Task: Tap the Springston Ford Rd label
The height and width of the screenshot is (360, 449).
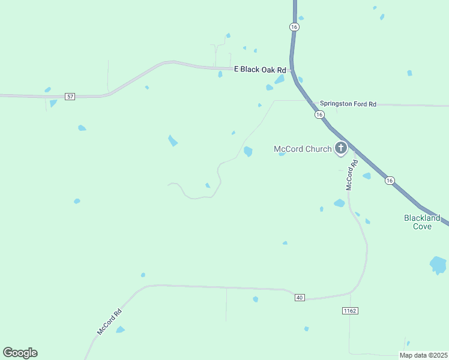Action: pos(348,104)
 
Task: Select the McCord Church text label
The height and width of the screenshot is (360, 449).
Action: pos(302,149)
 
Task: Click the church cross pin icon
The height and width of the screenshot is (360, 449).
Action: pos(340,148)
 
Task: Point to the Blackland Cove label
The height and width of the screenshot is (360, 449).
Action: pos(421,222)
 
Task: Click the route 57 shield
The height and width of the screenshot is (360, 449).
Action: pos(70,96)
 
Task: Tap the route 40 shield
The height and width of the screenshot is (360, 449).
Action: pos(300,297)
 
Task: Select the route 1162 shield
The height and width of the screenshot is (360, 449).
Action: pos(350,310)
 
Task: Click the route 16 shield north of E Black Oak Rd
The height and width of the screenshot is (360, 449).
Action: pos(294,27)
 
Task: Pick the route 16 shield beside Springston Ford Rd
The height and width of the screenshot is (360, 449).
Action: pos(319,114)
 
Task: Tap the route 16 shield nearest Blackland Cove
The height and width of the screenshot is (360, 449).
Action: pos(390,180)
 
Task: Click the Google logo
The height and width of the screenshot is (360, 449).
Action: pos(20,352)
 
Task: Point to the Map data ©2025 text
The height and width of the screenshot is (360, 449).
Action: pos(423,355)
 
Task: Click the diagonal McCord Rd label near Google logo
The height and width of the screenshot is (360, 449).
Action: pos(109,322)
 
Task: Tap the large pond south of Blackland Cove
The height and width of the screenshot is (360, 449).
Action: pos(438,265)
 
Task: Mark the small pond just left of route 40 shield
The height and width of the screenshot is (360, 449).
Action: pos(256,299)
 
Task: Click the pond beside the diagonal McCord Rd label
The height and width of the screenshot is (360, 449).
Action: pos(120,329)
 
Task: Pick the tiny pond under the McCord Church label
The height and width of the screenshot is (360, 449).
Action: pos(282,154)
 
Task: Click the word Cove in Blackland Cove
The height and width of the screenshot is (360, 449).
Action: pos(421,226)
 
